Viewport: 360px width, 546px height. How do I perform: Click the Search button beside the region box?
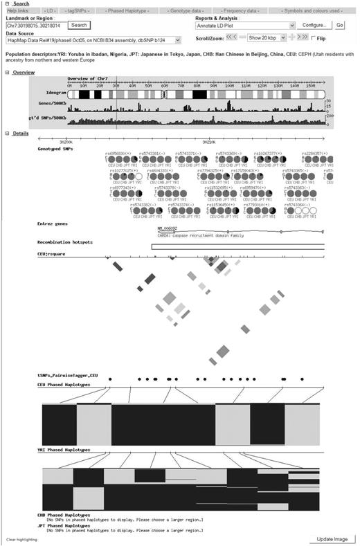pos(80,25)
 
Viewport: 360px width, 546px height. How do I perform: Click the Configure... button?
pos(315,25)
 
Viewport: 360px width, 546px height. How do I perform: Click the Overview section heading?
pos(24,72)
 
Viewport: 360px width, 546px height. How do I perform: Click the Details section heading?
pos(21,133)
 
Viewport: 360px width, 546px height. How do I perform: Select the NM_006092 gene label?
pos(167,228)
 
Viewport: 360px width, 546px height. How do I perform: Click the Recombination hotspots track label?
pos(64,243)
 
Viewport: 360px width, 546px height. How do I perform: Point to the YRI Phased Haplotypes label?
pos(64,449)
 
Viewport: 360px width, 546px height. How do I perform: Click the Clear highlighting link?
pos(19,539)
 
